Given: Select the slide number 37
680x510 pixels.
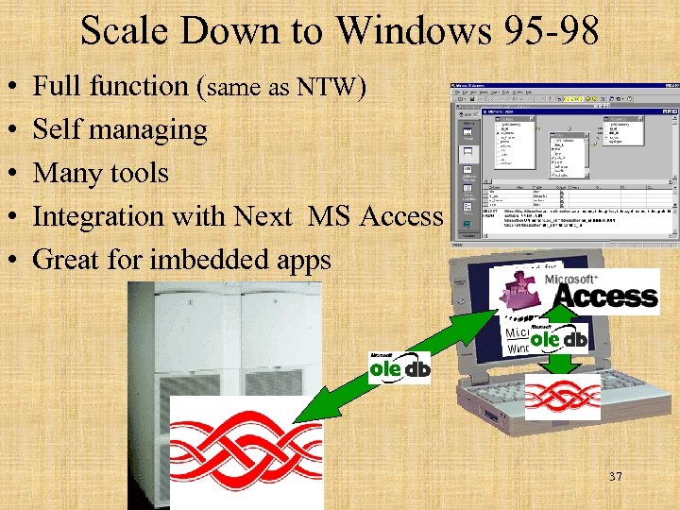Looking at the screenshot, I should click(x=616, y=477).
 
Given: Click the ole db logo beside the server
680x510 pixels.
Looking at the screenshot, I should click(x=399, y=365).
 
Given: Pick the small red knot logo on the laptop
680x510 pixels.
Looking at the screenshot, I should click(x=563, y=395).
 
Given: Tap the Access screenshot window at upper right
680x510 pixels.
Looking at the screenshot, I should click(x=563, y=161).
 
